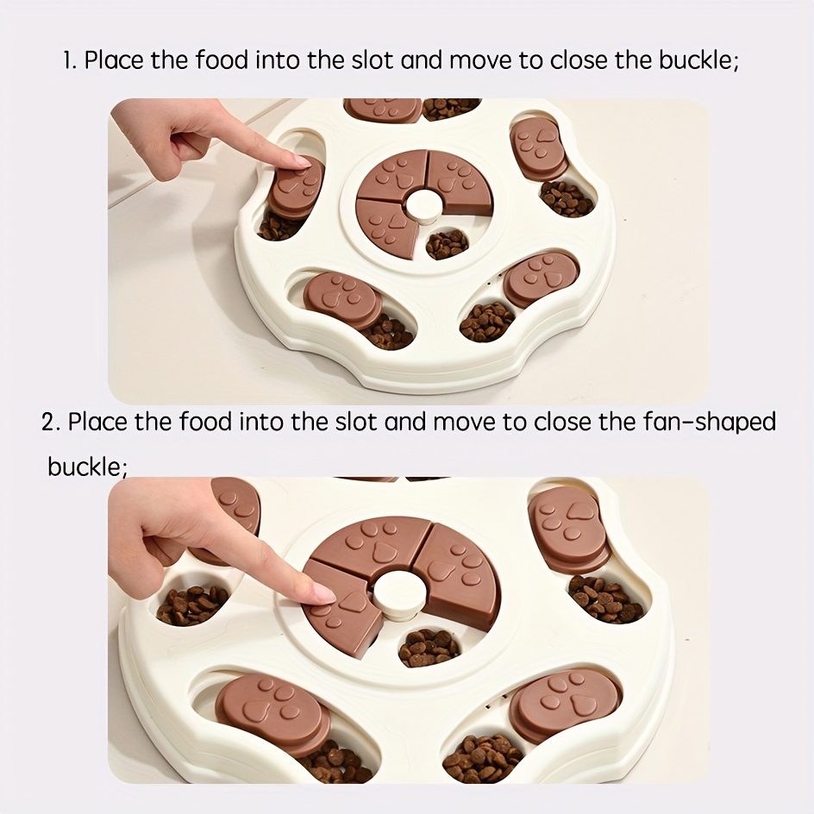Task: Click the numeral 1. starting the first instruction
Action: point(70,60)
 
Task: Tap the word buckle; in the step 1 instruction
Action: point(698,60)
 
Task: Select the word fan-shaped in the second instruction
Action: point(709,423)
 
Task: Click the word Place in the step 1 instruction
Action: point(114,60)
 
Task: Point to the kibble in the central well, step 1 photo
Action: point(447,244)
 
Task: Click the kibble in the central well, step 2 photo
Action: point(429,648)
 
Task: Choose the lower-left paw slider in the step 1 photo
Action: point(342,300)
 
